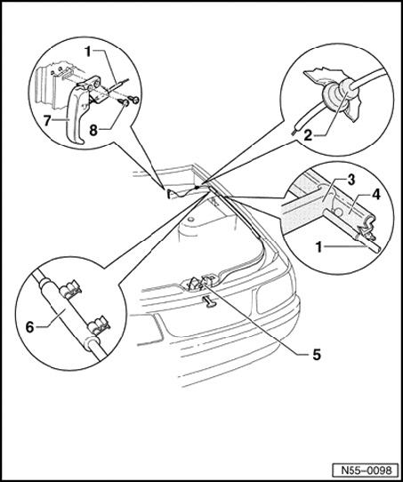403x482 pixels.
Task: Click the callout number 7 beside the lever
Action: coord(47,121)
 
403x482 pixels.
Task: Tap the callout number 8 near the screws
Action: coord(93,131)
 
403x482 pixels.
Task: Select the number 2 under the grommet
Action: coord(308,135)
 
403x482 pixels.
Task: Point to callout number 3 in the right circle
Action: coord(351,181)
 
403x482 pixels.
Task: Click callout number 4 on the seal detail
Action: coord(376,195)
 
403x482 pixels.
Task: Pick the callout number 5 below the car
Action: coord(317,355)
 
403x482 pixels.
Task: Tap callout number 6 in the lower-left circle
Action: coord(29,327)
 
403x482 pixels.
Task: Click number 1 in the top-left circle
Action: coord(88,52)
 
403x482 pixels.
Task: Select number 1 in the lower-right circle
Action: coord(319,247)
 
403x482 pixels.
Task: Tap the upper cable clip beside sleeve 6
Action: coord(71,289)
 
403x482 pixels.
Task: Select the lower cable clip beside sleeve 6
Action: coord(99,325)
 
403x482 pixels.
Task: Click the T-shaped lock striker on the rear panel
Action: coord(209,301)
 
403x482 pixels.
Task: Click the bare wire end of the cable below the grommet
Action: coord(293,133)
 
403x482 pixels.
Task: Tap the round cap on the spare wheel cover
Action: coord(191,219)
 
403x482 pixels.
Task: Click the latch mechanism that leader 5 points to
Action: coord(199,282)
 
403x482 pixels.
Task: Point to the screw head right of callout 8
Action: coord(134,100)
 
